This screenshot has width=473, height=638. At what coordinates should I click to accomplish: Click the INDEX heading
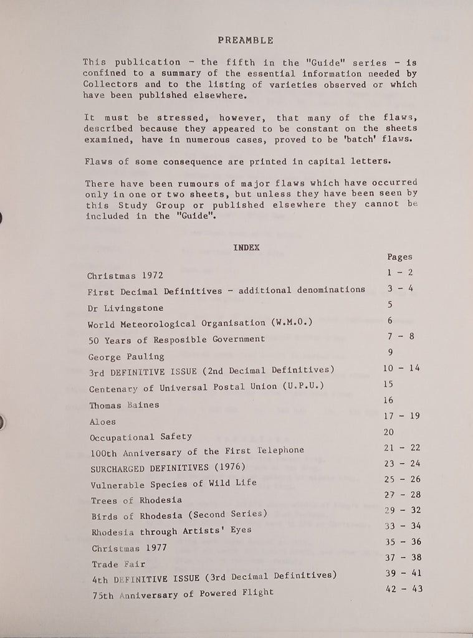click(246, 247)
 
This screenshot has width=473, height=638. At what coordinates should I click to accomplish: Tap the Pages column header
click(399, 257)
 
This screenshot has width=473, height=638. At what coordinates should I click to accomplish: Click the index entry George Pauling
click(127, 357)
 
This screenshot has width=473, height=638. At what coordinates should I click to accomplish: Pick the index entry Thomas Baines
click(124, 405)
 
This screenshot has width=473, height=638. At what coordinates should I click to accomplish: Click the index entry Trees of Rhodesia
click(136, 500)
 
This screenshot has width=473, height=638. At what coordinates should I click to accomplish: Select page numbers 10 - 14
click(401, 368)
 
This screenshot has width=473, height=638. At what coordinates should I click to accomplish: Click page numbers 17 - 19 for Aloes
click(403, 416)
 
